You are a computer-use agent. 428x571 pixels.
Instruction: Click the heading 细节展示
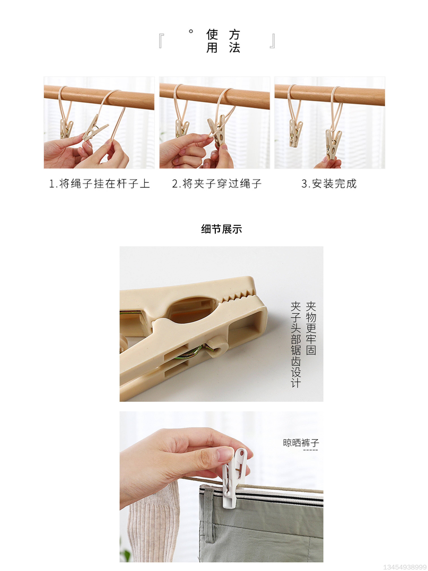point(221,229)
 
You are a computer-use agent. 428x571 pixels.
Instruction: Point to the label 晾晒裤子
point(301,443)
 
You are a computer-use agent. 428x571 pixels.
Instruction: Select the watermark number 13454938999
point(405,567)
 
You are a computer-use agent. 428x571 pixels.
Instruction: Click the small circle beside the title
point(191,31)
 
